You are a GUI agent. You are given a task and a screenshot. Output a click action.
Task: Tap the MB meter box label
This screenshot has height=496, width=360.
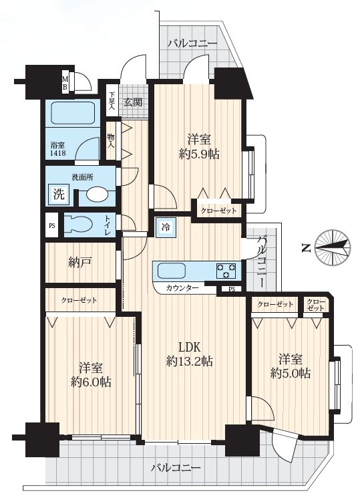pos(65,83)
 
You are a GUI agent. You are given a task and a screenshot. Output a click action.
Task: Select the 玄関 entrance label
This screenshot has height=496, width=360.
pos(133,102)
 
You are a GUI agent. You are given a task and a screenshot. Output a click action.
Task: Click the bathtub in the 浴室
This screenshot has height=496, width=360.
pos(72,112)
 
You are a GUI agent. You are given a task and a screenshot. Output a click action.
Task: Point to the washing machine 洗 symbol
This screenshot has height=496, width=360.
pos(59,194)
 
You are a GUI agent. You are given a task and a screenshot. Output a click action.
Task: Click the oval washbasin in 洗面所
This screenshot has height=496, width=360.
pos(96,194)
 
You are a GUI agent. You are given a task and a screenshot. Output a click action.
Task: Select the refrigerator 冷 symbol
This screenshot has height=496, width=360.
pos(166,227)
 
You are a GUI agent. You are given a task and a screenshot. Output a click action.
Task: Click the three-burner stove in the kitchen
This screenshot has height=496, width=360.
pos(226,271)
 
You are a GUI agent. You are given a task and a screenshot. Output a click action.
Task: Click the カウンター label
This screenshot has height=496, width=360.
pos(182,288)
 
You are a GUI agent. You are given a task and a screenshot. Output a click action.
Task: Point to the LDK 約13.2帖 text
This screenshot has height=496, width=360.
pos(189,354)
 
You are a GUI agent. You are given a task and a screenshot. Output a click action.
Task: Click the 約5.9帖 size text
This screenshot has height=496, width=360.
pos(199,154)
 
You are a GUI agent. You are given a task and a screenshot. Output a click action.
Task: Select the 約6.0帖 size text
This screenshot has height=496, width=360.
pos(91,382)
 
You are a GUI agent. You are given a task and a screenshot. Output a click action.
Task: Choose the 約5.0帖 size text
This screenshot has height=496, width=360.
pos(290,373)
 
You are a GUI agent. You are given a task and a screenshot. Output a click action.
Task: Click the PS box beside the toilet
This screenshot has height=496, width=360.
pos(52,225)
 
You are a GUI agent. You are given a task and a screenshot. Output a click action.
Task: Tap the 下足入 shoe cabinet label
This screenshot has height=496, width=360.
pos(112,101)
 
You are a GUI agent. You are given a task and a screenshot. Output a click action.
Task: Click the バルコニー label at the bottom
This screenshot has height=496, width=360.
pos(176,467)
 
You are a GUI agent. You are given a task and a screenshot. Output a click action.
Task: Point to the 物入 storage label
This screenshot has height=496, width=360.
pos(111,141)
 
